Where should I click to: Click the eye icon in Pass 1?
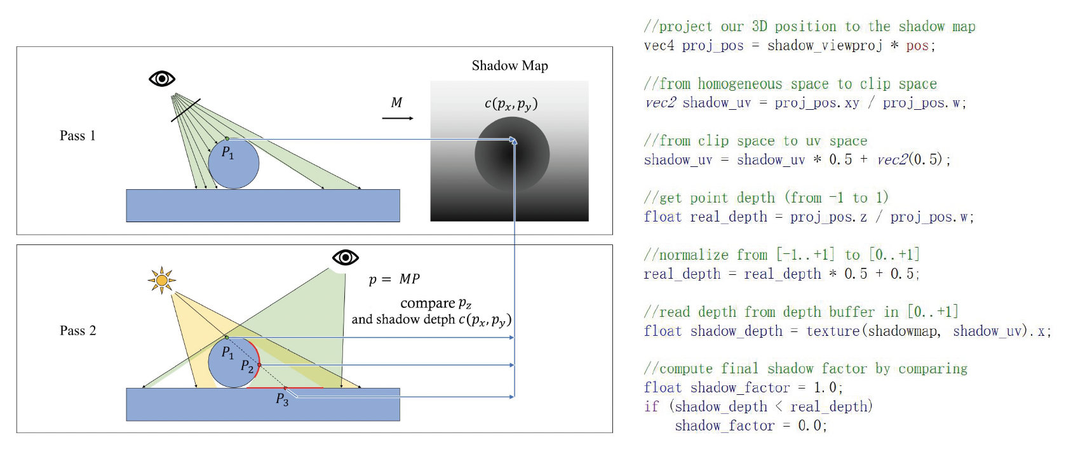coord(162,79)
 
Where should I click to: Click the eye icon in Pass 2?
coord(346,257)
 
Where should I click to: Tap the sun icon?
coord(162,280)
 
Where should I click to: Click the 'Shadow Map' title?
coord(509,66)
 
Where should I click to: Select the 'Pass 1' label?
coord(77,136)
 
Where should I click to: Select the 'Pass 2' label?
coord(77,331)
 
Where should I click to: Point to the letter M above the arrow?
coord(396,103)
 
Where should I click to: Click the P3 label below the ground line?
coord(282,399)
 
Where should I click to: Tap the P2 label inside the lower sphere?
coord(247,366)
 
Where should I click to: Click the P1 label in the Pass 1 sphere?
coord(227,153)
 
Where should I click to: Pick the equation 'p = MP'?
coord(394,279)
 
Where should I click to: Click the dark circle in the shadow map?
coord(512,154)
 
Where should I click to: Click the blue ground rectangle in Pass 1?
coord(263,206)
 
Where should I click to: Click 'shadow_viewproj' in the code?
coord(825,46)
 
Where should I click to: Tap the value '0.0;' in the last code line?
coord(812,426)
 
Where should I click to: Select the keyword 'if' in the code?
coord(651,406)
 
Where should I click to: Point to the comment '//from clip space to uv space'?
coord(755,141)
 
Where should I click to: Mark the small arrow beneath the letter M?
coord(398,119)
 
